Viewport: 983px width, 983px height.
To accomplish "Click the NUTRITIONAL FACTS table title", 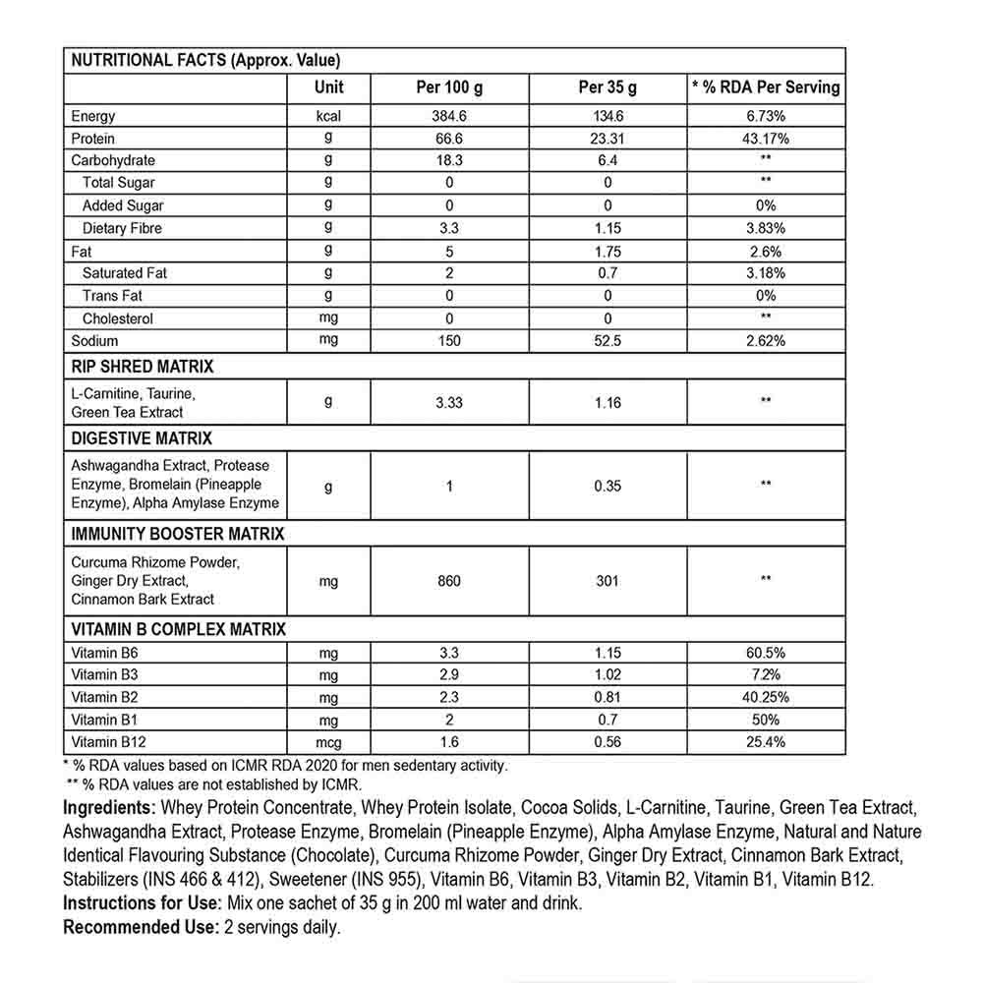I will [x=206, y=59].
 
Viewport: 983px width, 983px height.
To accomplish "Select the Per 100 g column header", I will [x=449, y=87].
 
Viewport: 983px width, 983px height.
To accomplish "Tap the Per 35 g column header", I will [x=607, y=87].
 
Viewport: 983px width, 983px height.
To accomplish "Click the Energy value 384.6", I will [x=449, y=117].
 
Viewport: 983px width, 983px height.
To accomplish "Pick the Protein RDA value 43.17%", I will [x=766, y=139].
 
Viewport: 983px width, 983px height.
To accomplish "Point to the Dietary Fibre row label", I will [x=122, y=228].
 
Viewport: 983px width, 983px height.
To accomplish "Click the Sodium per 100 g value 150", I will [x=449, y=341].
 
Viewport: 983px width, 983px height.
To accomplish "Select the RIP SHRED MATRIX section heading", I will [x=143, y=367].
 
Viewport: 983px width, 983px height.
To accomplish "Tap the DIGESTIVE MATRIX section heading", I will [x=142, y=438].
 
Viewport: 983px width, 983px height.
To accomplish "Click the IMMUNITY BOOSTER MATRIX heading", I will [x=178, y=534].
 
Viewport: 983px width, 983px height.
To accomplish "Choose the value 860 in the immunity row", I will [x=449, y=581].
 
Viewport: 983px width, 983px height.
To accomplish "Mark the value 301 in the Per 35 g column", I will [x=607, y=581].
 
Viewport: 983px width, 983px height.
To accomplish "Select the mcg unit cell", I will [x=328, y=743].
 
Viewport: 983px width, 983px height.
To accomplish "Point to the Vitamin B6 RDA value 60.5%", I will [x=766, y=653].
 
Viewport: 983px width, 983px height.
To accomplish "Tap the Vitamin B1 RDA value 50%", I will [x=766, y=721].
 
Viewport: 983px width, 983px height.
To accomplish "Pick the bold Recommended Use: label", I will [x=138, y=927].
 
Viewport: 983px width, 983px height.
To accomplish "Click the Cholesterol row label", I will [x=117, y=318].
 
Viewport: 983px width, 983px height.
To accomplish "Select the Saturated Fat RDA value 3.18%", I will [x=766, y=273].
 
